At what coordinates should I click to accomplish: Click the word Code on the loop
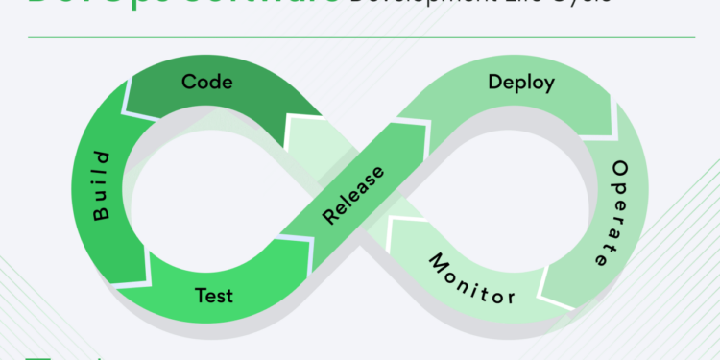(x=206, y=83)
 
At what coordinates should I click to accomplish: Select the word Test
(x=212, y=294)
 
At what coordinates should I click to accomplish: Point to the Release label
(x=352, y=195)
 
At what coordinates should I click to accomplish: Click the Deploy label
(x=520, y=83)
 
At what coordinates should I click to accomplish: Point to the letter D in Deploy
(x=493, y=83)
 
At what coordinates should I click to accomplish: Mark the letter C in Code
(x=188, y=83)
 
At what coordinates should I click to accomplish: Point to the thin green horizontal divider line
(x=360, y=38)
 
